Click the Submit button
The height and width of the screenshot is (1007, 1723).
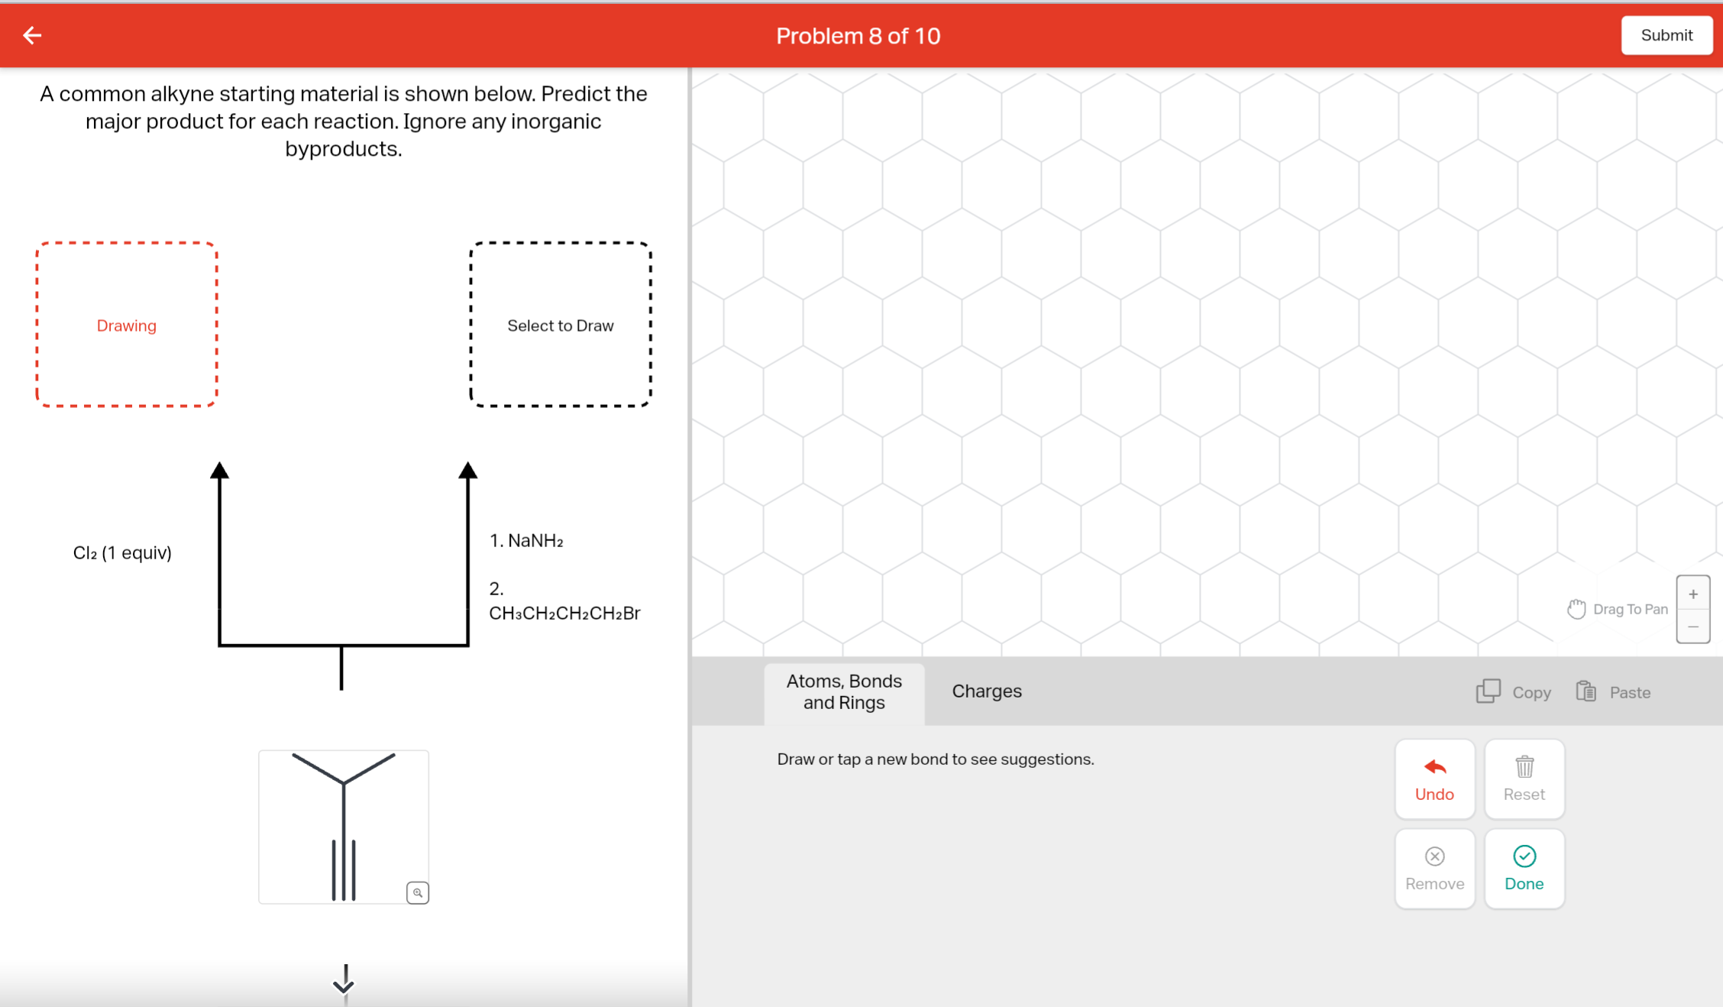point(1666,35)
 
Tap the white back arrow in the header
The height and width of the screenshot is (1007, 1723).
point(32,35)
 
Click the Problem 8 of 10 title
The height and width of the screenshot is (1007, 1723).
point(858,36)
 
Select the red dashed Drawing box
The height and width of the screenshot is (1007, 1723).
point(127,325)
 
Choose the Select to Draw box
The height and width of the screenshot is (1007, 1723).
point(560,325)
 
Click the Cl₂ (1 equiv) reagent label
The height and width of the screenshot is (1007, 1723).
point(122,552)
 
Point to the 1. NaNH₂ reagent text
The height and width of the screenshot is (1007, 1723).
point(526,541)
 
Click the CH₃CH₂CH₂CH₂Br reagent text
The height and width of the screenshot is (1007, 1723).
point(564,613)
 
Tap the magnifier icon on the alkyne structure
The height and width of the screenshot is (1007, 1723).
point(418,892)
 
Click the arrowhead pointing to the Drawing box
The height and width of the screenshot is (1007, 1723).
point(219,470)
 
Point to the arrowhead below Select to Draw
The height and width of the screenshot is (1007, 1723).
point(468,470)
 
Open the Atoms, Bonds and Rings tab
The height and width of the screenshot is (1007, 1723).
point(844,691)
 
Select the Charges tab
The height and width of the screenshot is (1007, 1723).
point(986,691)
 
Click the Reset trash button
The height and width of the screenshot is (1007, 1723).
point(1524,779)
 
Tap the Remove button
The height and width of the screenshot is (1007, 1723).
point(1434,868)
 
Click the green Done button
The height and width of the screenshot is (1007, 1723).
point(1524,868)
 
